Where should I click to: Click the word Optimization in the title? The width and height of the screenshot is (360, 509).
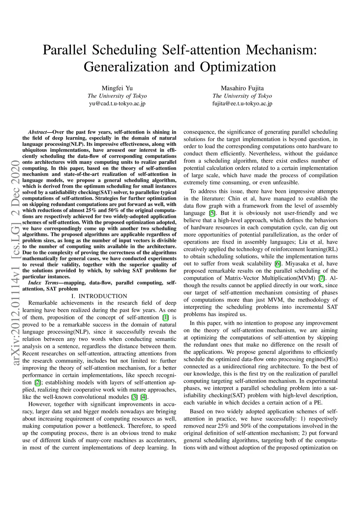click(x=238, y=67)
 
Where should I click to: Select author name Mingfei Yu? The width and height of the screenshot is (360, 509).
click(x=117, y=88)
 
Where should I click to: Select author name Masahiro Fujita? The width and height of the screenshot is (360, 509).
click(x=242, y=88)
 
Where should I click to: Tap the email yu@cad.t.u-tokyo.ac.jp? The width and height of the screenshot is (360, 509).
click(x=117, y=104)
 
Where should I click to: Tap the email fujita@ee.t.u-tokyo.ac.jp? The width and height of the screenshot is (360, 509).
click(x=242, y=104)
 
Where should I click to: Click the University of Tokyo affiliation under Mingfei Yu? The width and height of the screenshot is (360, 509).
click(x=117, y=96)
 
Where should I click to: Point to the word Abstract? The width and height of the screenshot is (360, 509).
click(x=37, y=132)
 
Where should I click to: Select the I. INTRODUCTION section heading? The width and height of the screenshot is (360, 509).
click(x=99, y=296)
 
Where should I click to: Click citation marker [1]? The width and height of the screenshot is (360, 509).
click(x=165, y=317)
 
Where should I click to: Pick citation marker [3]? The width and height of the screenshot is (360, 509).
click(x=134, y=397)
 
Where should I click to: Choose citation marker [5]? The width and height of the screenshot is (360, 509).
click(x=212, y=213)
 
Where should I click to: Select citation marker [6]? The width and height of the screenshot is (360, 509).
click(x=278, y=264)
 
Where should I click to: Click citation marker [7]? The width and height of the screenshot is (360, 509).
click(x=321, y=278)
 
